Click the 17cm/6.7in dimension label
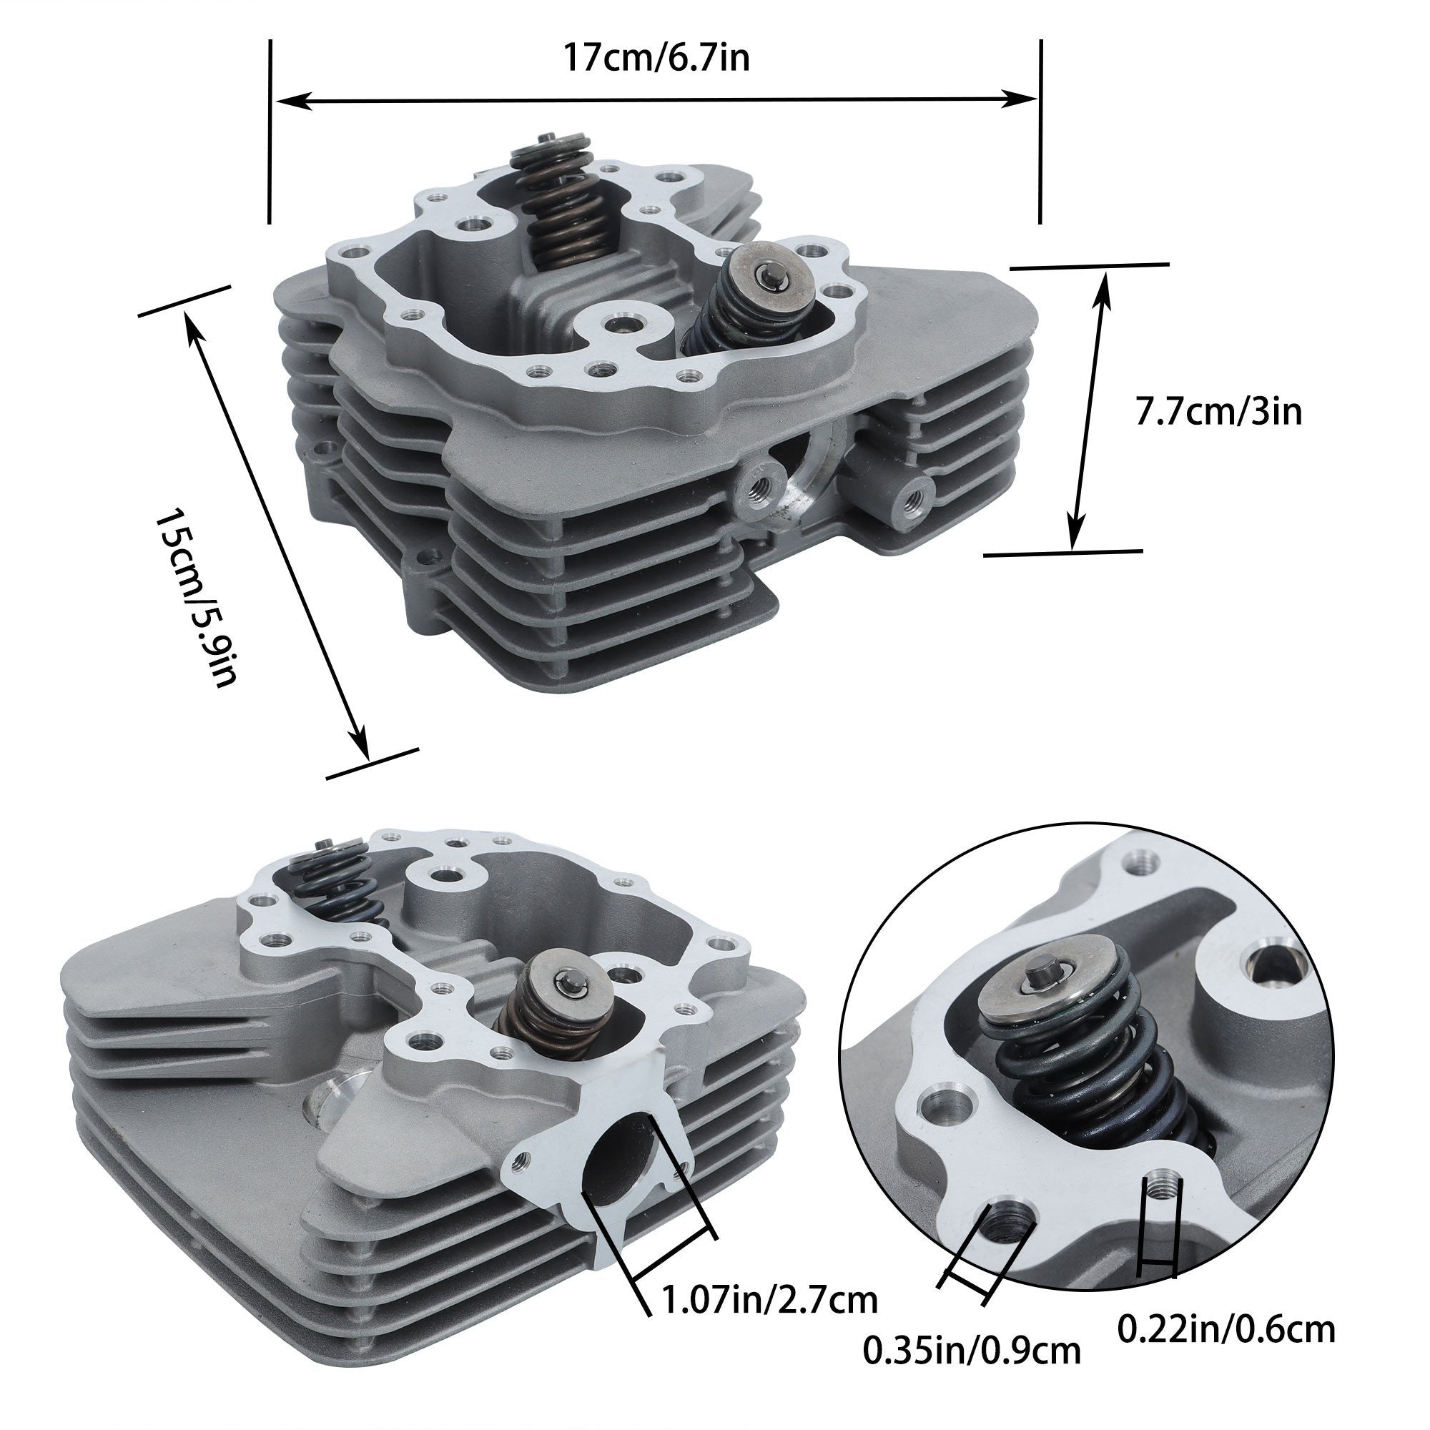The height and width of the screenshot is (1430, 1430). pos(656,57)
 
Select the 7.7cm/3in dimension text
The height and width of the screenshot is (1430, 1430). pos(1218,412)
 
